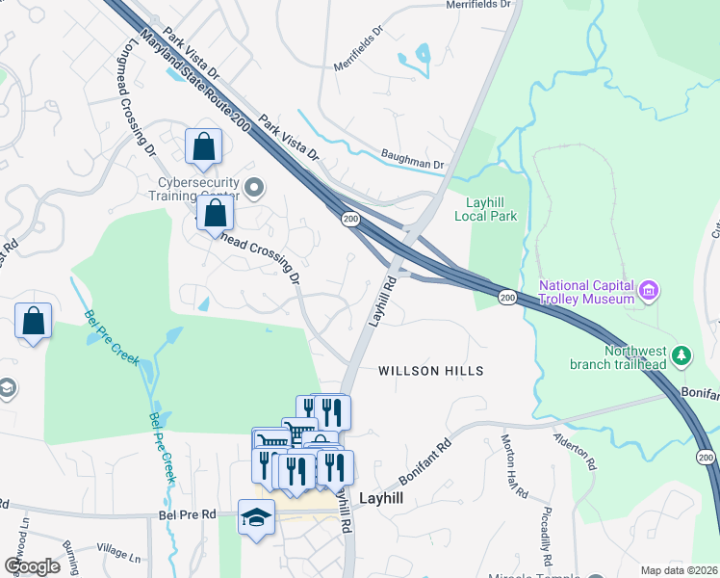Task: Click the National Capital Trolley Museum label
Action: (586, 292)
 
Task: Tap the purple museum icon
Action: (650, 289)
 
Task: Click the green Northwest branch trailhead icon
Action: (682, 356)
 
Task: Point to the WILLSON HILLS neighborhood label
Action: (429, 371)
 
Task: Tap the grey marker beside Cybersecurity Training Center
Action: (254, 187)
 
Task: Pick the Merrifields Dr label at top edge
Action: (478, 5)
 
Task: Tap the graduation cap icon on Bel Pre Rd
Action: (257, 517)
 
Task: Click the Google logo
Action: (32, 565)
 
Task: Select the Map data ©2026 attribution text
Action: (679, 570)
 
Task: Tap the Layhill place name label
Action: (381, 499)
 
